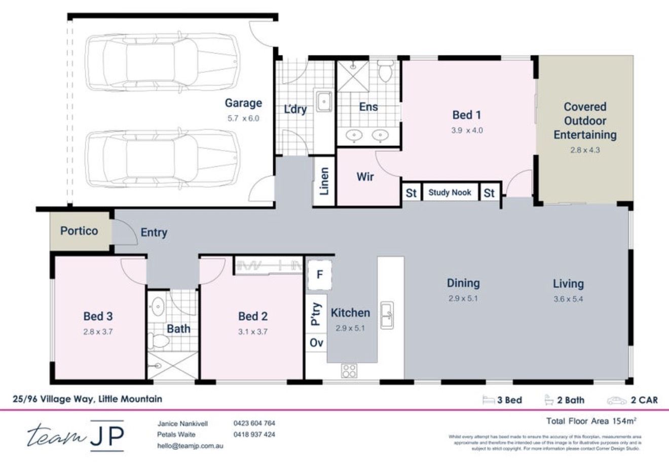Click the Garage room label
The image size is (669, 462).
tap(243, 103)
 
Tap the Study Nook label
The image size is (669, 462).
tap(450, 192)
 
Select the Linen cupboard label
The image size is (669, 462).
tap(324, 181)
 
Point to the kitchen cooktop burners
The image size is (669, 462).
tap(349, 371)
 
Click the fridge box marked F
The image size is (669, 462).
tap(319, 275)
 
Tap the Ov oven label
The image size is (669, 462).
tap(316, 343)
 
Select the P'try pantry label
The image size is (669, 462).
tap(316, 314)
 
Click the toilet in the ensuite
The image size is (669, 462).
tap(386, 72)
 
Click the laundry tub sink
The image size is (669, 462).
tap(323, 102)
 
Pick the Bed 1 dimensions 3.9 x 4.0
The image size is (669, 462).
tap(467, 130)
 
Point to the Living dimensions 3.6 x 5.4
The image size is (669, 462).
tap(568, 299)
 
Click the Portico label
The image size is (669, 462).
tap(79, 231)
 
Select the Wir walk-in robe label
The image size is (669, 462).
tap(365, 177)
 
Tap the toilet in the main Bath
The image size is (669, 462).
tap(160, 341)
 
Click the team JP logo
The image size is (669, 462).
tap(76, 435)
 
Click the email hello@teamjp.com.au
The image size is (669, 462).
tap(190, 446)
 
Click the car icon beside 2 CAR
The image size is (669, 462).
tap(616, 400)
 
